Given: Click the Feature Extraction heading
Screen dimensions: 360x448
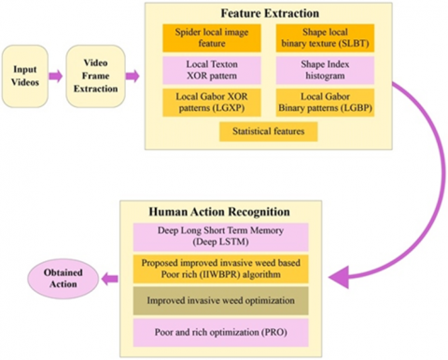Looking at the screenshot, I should (269, 14).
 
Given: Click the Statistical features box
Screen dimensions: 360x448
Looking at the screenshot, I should (269, 132).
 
